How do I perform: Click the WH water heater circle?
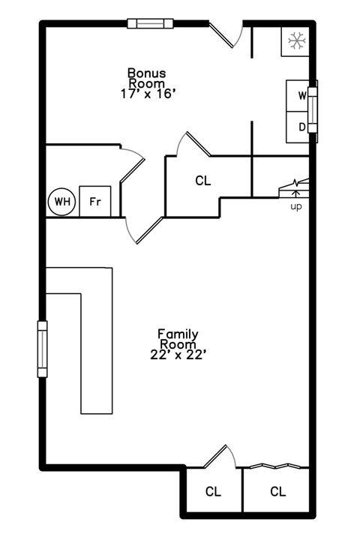coord(62,202)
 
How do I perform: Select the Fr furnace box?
coord(95,202)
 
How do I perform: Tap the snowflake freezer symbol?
coord(295,41)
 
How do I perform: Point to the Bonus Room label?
coord(146,78)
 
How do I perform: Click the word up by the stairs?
coord(296,206)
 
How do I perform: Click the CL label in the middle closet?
coord(202,181)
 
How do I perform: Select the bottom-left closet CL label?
coord(214,492)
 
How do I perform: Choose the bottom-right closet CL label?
coord(277,492)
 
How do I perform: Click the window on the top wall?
coord(150,23)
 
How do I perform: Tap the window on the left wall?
coord(42,349)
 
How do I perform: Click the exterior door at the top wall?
coord(225,34)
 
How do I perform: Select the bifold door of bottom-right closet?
coord(277,466)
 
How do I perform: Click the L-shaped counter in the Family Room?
coord(96,337)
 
